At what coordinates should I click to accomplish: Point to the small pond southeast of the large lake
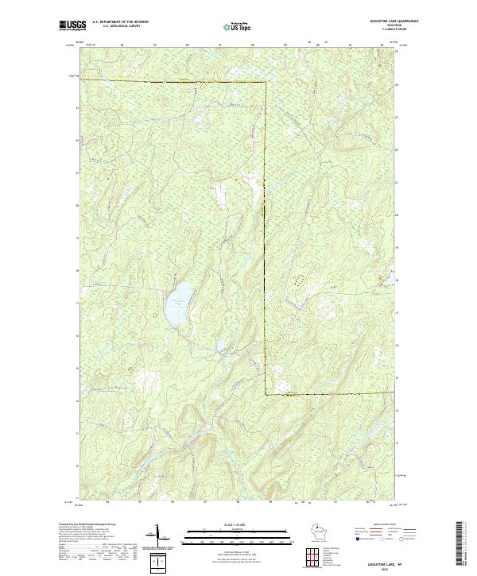219,345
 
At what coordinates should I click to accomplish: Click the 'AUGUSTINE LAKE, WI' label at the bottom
376,562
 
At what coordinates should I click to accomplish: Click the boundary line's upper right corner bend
265,81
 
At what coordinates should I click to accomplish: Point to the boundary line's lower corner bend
266,393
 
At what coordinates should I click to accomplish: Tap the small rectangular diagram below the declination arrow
161,561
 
